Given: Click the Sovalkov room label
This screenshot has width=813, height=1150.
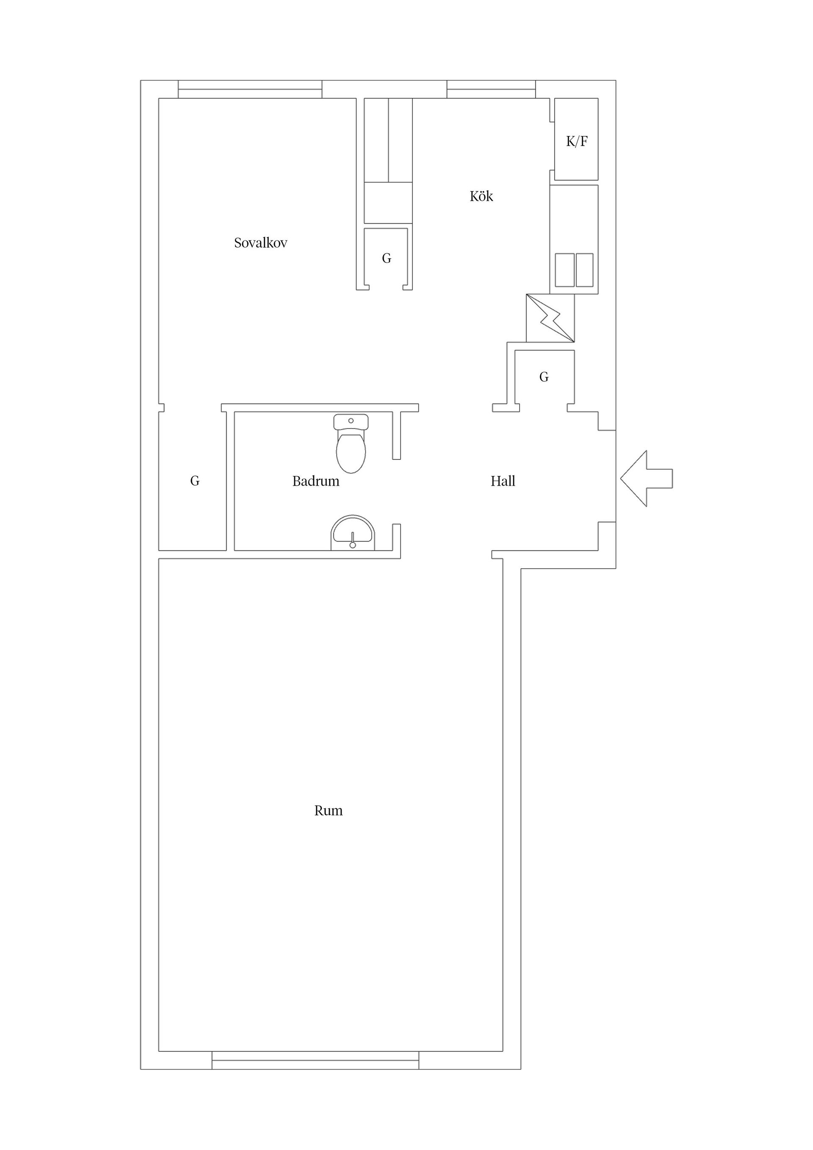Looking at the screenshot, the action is (260, 243).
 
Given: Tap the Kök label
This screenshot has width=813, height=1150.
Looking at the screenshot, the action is (481, 196).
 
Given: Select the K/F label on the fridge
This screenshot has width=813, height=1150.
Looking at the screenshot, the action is (577, 141).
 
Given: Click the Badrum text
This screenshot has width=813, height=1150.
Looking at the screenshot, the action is (315, 481).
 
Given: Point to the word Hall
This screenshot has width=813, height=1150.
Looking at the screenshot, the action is (503, 481).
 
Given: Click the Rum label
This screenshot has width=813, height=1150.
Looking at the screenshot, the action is (329, 811).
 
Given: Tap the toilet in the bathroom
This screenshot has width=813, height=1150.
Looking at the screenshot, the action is (351, 444).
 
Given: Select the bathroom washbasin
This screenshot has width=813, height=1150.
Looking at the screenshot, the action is (353, 533).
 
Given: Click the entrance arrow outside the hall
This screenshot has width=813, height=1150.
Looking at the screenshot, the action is (646, 478).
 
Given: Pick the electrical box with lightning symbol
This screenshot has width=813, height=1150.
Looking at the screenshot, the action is (550, 318).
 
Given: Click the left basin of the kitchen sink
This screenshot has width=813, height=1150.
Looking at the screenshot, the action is (564, 270).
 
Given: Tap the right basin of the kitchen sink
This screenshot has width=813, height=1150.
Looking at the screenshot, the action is (585, 270).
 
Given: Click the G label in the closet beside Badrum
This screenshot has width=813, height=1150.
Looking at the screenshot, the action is (195, 481).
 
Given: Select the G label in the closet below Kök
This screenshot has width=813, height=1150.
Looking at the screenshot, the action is (386, 258).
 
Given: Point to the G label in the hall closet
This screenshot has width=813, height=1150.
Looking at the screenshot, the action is (544, 377).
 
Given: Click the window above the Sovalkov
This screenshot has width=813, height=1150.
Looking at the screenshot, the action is (250, 89).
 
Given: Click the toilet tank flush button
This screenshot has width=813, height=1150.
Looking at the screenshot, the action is (351, 421).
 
